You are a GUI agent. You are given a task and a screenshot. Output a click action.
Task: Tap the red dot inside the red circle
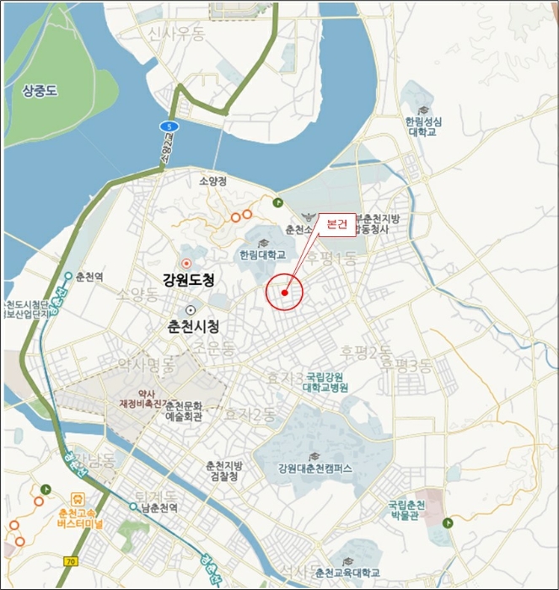285,293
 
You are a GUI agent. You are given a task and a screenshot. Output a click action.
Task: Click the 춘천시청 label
193,326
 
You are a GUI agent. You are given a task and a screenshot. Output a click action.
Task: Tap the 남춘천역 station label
158,507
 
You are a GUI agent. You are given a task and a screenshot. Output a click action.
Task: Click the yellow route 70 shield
70,560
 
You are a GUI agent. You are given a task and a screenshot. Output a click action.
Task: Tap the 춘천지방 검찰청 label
224,471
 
